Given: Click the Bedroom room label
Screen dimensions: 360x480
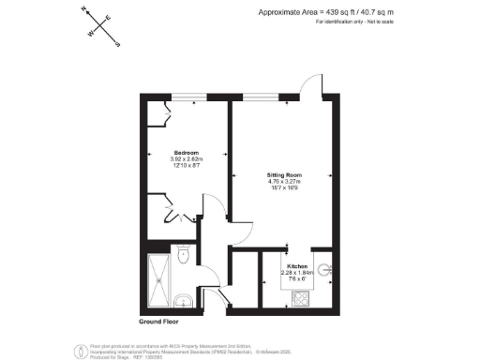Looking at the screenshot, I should tap(186, 151).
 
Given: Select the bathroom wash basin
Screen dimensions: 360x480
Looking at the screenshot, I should tap(186, 300).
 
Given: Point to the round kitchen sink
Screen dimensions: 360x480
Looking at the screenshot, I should tap(325, 272).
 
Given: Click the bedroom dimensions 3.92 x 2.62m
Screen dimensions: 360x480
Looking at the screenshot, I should tap(186, 158).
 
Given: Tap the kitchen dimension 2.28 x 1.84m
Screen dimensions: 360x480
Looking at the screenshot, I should tap(299, 273).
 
